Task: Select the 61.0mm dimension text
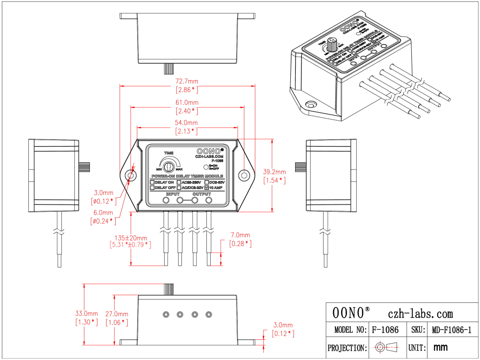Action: click(187, 103)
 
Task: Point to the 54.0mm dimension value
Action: click(187, 123)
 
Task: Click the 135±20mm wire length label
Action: click(131, 237)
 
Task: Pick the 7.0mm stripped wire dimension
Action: click(240, 235)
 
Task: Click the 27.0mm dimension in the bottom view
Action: click(117, 313)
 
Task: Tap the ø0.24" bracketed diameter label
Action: click(103, 221)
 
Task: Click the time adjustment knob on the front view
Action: click(168, 167)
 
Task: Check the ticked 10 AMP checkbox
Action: click(207, 188)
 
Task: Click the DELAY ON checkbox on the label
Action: click(152, 182)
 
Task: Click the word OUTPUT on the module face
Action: click(202, 194)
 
